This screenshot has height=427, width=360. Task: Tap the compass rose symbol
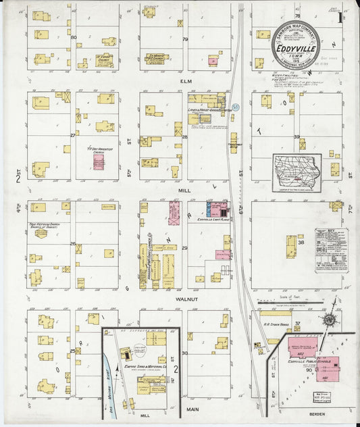point(329,320)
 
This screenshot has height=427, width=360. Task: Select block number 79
point(184,39)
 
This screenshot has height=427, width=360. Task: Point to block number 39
point(296,137)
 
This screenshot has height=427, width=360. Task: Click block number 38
point(301,242)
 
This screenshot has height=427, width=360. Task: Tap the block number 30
point(184,353)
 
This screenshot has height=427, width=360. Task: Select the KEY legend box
point(331,249)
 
